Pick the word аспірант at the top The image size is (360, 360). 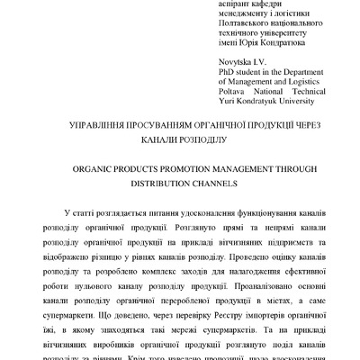pyautogui.click(x=238, y=5)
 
